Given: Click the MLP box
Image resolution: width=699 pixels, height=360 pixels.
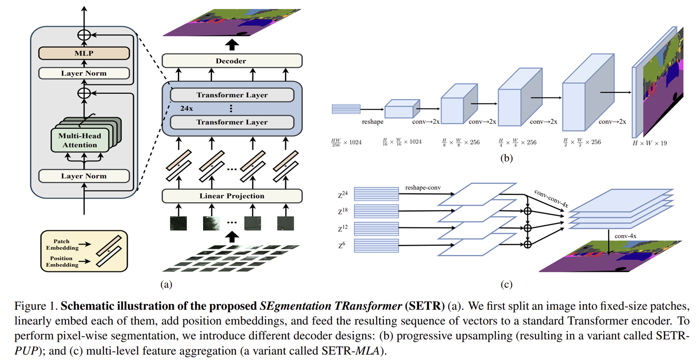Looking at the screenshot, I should click(84, 53).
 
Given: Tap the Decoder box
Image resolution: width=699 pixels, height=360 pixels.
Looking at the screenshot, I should click(232, 60).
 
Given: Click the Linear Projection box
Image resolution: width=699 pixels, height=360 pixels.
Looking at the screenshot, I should click(232, 196).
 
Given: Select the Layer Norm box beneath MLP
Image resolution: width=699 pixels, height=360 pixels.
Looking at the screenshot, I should click(84, 73).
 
